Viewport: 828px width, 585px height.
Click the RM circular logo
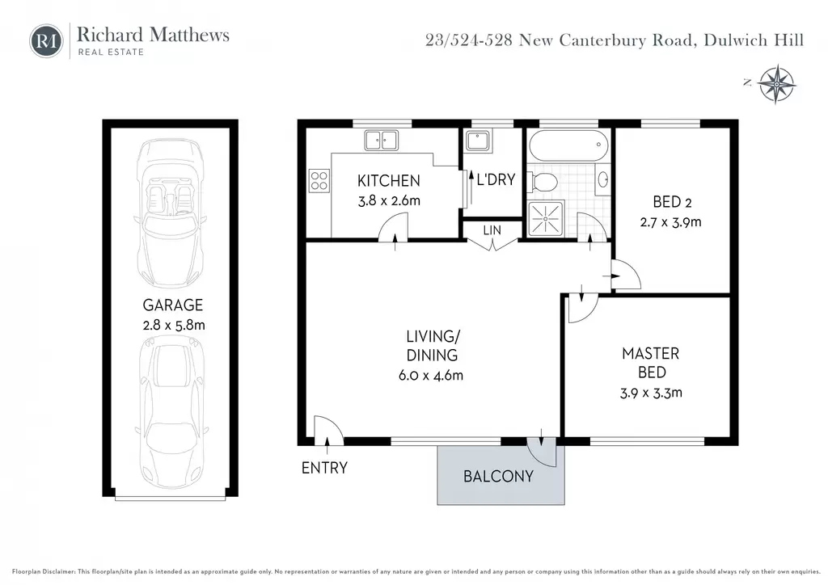(x=46, y=41)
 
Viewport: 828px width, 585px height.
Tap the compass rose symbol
(x=777, y=84)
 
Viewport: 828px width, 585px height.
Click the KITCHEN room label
(x=389, y=181)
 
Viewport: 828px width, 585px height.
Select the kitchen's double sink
(x=382, y=141)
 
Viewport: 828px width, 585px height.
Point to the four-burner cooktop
(x=319, y=180)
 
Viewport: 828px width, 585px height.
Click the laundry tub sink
(x=478, y=141)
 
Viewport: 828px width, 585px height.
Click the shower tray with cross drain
(x=546, y=218)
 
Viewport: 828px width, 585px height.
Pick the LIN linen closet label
(x=492, y=230)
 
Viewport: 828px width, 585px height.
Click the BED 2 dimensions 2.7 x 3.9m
(x=670, y=222)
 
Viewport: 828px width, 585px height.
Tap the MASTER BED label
(x=651, y=363)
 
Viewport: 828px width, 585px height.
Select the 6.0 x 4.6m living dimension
(x=431, y=376)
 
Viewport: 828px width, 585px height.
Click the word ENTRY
(x=324, y=468)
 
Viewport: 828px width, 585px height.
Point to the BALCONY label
(x=498, y=477)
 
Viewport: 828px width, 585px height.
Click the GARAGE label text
(x=173, y=305)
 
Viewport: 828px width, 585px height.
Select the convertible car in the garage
(x=171, y=213)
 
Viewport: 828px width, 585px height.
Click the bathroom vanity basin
(x=602, y=179)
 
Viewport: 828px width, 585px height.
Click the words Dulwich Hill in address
(x=754, y=40)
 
